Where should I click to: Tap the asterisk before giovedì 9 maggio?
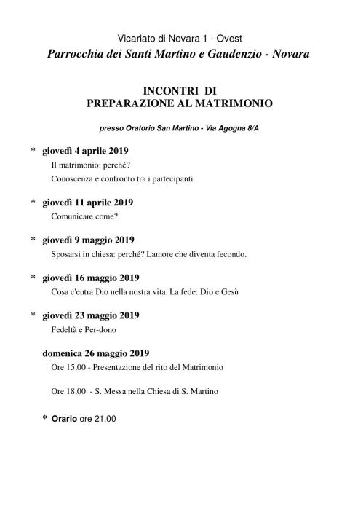point(33,240)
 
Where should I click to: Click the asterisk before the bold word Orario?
point(45,419)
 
